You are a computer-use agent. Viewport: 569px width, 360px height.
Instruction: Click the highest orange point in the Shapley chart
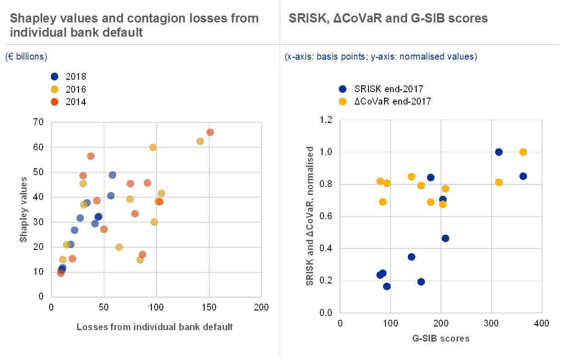click(210, 133)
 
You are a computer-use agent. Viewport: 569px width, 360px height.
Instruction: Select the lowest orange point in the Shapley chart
click(61, 273)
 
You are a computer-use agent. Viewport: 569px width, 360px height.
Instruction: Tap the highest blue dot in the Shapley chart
click(112, 175)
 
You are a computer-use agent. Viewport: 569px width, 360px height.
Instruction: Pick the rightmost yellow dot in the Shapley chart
click(200, 141)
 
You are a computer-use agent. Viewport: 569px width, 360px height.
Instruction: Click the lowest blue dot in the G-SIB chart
click(387, 286)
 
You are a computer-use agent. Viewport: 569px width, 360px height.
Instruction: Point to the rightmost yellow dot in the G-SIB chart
click(523, 152)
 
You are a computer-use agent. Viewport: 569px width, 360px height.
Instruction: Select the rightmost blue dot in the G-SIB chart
click(523, 176)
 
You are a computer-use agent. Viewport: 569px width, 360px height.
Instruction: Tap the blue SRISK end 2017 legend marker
click(342, 89)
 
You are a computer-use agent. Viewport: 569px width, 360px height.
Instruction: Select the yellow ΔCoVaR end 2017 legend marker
click(342, 101)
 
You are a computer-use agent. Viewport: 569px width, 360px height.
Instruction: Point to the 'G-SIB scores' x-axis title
click(441, 339)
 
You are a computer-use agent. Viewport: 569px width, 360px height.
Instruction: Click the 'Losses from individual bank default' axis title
click(155, 327)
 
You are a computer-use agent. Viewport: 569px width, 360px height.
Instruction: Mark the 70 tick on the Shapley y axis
click(39, 122)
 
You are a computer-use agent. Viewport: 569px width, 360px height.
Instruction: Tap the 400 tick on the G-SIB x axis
click(541, 323)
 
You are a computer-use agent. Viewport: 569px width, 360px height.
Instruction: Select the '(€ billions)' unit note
click(26, 57)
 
